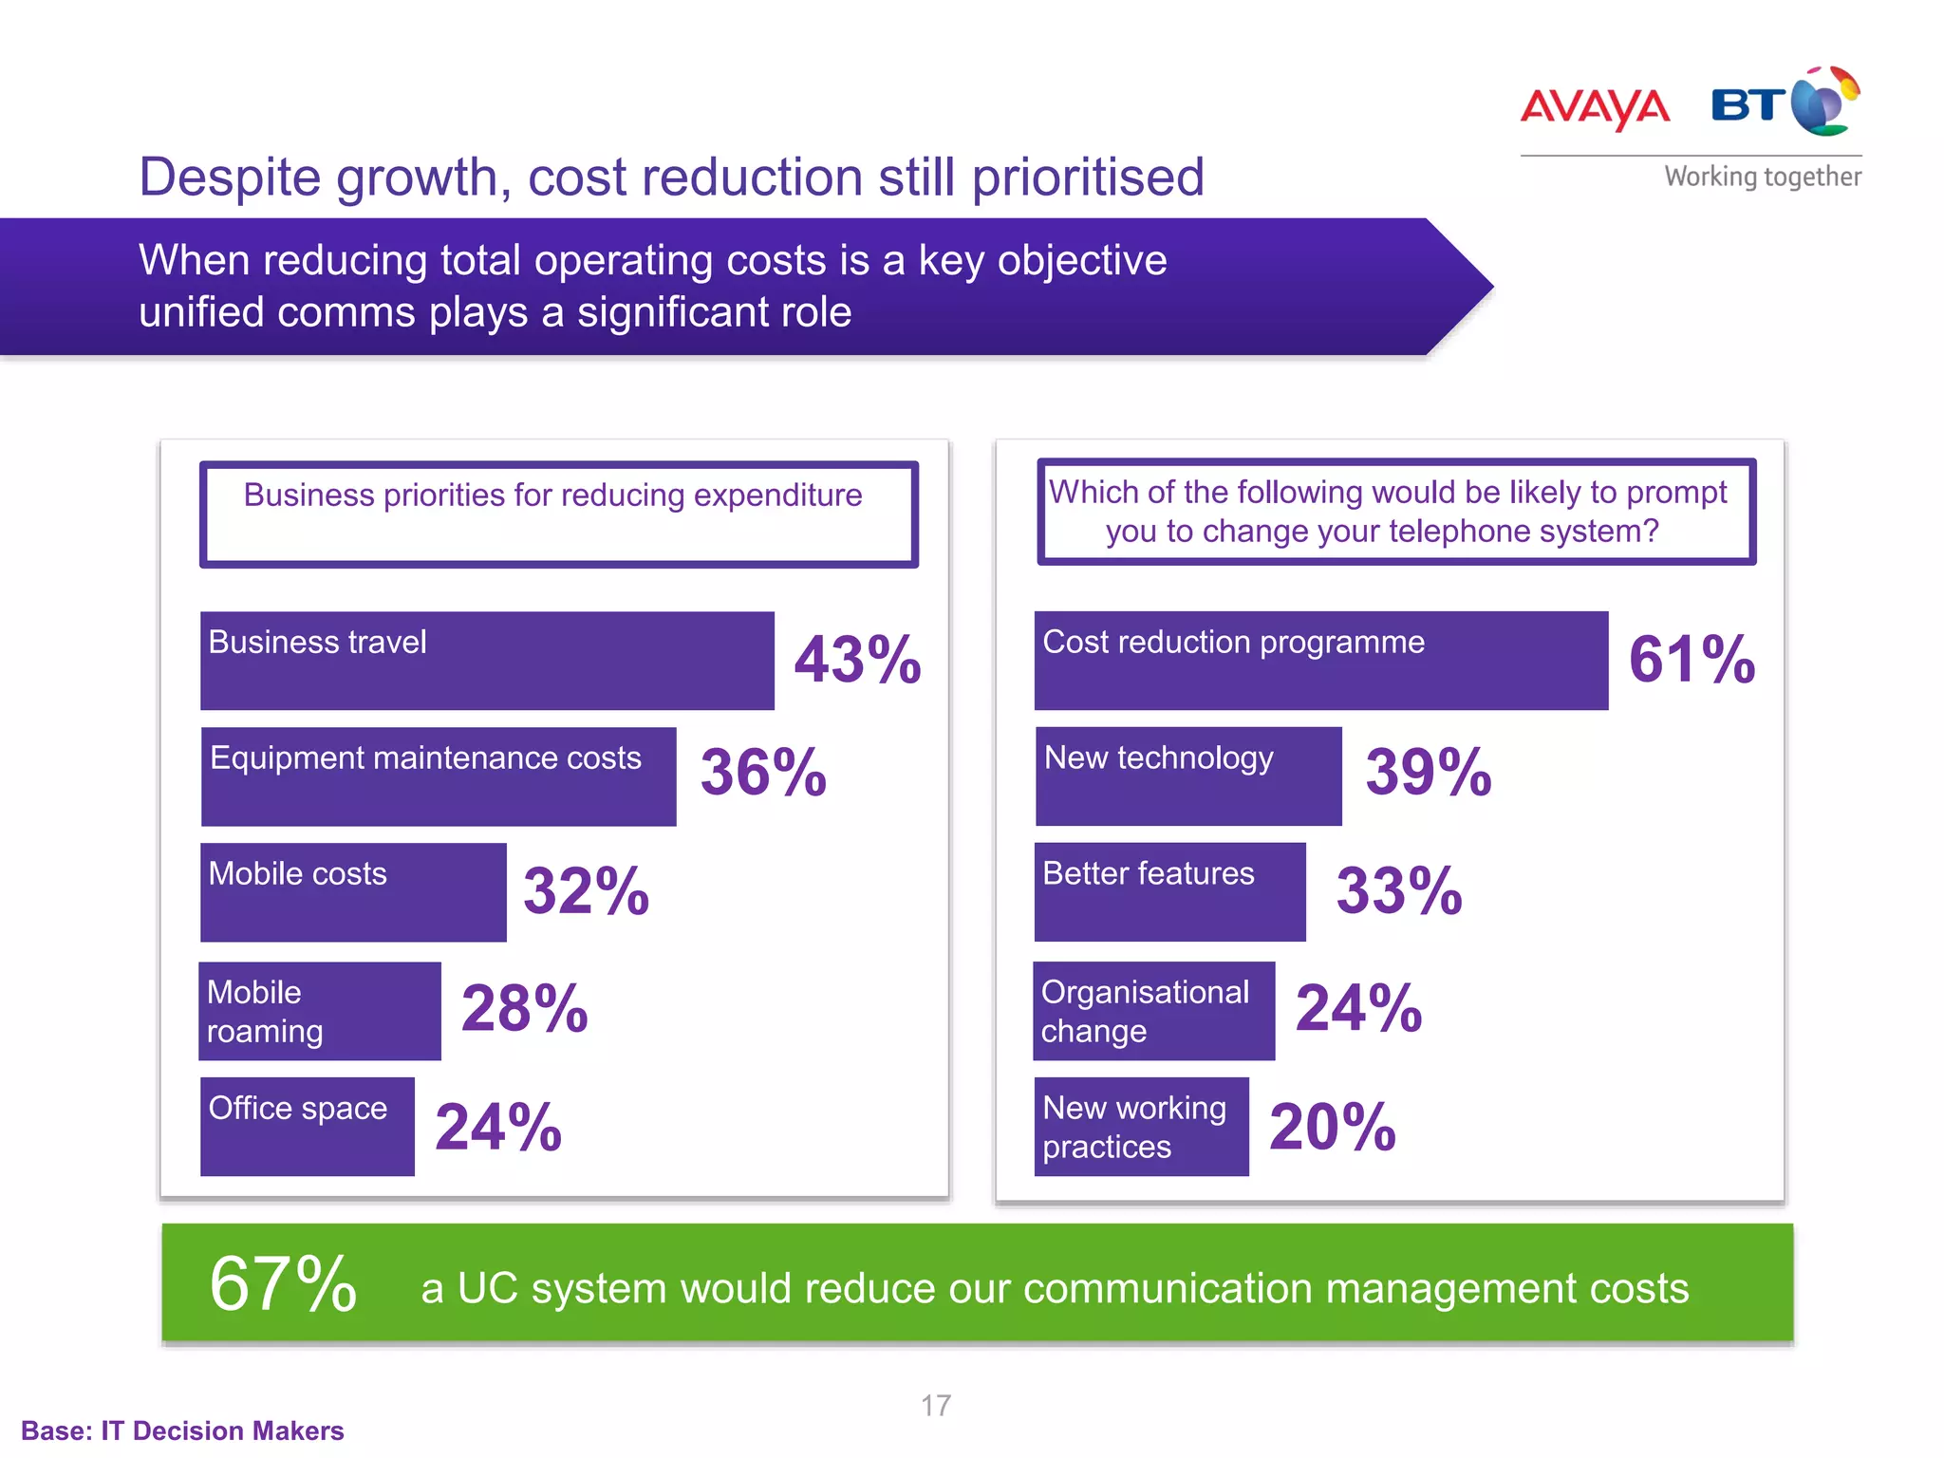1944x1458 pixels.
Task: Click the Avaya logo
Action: tap(1595, 107)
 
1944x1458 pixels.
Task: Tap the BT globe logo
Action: tap(1824, 103)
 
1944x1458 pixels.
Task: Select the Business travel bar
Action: tap(487, 661)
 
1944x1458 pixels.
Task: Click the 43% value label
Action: tap(857, 661)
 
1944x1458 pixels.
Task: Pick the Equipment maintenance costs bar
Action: tap(439, 776)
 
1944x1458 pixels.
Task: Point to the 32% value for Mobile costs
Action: tap(586, 892)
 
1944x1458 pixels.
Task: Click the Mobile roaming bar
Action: tap(320, 1011)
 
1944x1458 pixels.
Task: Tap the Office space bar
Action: tap(308, 1127)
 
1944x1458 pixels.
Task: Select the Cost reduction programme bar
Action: tap(1320, 661)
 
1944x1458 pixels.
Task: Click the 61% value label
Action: tap(1692, 661)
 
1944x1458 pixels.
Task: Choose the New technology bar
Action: tap(1188, 776)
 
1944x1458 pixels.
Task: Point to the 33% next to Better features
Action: tap(1399, 892)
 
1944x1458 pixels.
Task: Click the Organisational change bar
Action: tap(1153, 1011)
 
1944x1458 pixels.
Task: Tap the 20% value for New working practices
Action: tap(1332, 1128)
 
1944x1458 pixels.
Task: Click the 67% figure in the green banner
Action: tap(283, 1284)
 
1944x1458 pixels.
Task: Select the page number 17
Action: tap(935, 1406)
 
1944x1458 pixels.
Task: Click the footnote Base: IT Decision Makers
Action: tap(182, 1430)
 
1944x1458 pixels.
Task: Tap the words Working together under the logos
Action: tap(1762, 178)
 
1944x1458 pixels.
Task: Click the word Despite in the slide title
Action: tap(231, 178)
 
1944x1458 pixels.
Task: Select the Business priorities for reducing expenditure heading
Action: tap(553, 495)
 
